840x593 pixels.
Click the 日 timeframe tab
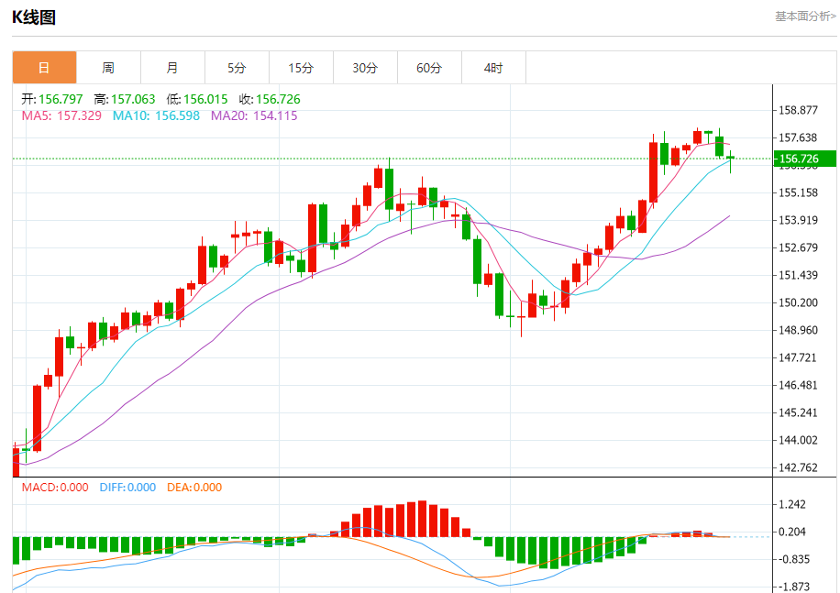(44, 68)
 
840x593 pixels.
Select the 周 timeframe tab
(108, 68)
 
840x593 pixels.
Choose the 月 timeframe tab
(172, 68)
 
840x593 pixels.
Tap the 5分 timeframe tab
(237, 68)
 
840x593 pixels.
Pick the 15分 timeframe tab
(301, 68)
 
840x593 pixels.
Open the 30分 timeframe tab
(365, 68)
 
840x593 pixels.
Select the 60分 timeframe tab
(429, 68)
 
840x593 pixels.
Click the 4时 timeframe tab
(493, 68)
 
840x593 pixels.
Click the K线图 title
(34, 16)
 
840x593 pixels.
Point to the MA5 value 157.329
(79, 115)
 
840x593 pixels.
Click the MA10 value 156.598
(177, 115)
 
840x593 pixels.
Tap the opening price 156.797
(63, 99)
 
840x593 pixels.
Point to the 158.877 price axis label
(797, 111)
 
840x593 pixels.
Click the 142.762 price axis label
(797, 467)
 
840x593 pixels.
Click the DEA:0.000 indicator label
(194, 488)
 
